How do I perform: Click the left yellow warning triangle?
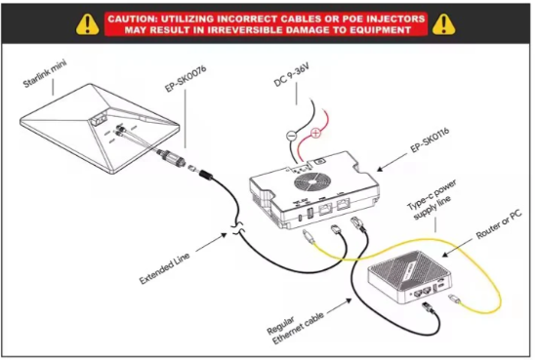tap(88, 24)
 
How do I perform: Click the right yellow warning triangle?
tap(443, 24)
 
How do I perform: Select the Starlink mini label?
tap(45, 73)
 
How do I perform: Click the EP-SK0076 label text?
tap(185, 78)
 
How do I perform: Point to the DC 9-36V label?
tap(292, 75)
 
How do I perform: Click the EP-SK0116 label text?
tap(430, 140)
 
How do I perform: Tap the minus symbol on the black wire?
tap(291, 136)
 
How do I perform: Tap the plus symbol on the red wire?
tap(316, 133)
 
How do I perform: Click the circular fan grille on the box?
tap(312, 181)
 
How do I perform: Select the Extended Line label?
tap(164, 269)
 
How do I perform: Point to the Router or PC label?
tap(499, 224)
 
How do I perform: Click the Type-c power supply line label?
tap(432, 200)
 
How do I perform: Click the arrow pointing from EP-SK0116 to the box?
tap(391, 162)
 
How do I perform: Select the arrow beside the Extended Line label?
tap(212, 242)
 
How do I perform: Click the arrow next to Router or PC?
tap(458, 248)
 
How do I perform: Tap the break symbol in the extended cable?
tap(238, 228)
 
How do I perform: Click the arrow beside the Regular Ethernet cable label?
tap(340, 306)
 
